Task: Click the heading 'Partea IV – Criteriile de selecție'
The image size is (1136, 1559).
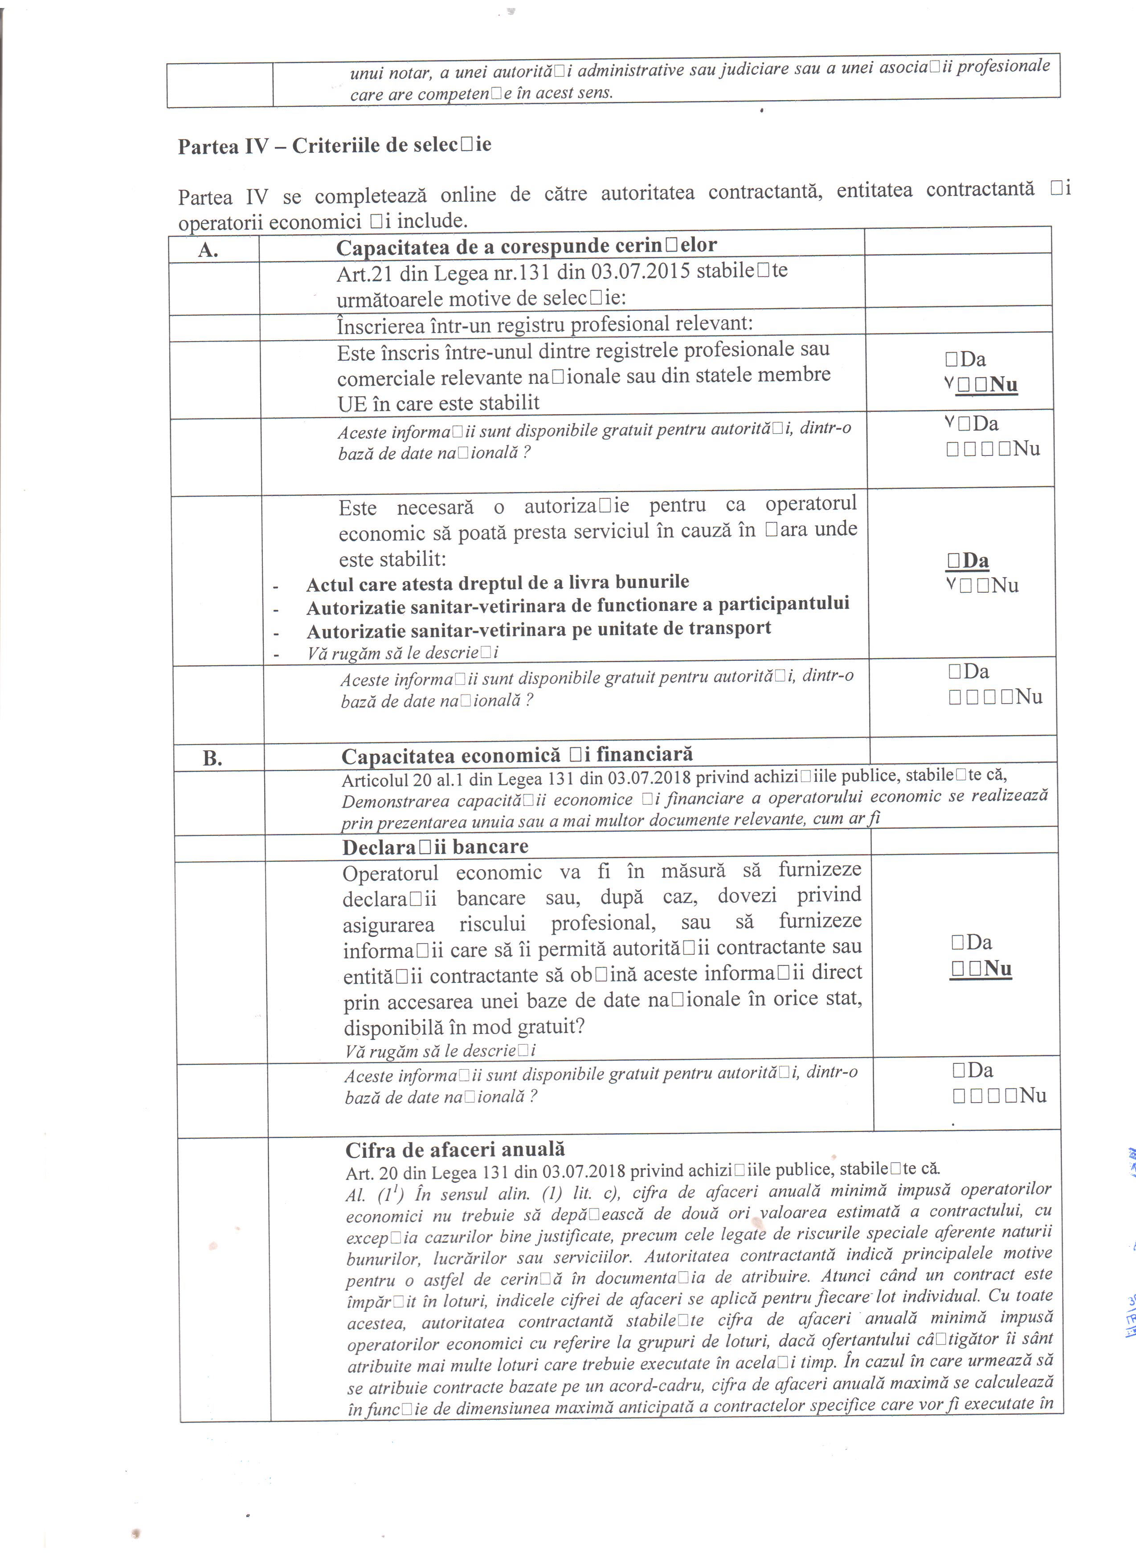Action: [334, 146]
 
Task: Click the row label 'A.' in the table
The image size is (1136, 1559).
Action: [208, 249]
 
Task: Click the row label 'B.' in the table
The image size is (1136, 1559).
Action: [212, 758]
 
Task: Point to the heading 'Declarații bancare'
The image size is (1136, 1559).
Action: [435, 847]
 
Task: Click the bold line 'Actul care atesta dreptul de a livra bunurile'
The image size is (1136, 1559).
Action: [497, 583]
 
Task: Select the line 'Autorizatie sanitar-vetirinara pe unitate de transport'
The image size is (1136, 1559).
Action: [539, 629]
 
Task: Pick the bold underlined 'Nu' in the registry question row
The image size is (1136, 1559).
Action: [1003, 384]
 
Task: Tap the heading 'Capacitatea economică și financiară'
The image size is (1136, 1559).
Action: [516, 755]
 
